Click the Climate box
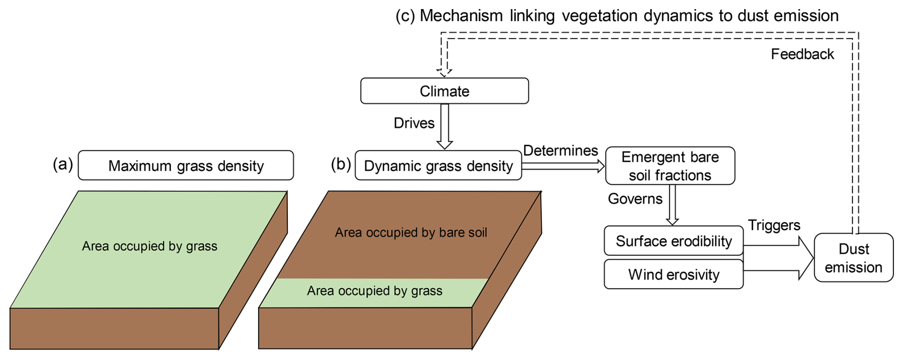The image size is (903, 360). tap(444, 91)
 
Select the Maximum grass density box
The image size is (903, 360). tap(186, 165)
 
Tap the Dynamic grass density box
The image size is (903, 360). tap(438, 165)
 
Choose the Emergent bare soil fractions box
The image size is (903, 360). tap(670, 166)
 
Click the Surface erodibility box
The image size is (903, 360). tap(673, 241)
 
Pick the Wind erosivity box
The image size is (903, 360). tap(673, 275)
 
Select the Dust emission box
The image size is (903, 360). tap(853, 258)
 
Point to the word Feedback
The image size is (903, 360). tap(802, 54)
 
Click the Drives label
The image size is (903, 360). tap(414, 123)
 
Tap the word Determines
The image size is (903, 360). tap(560, 150)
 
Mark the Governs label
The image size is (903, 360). tap(635, 199)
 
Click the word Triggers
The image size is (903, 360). tap(774, 225)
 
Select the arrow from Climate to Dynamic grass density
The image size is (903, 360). tap(444, 127)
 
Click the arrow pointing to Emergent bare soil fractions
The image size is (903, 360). tap(563, 166)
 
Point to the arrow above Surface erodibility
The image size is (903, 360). tap(672, 205)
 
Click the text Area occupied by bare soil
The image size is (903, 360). tap(410, 233)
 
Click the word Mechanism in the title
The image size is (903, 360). tap(461, 16)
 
